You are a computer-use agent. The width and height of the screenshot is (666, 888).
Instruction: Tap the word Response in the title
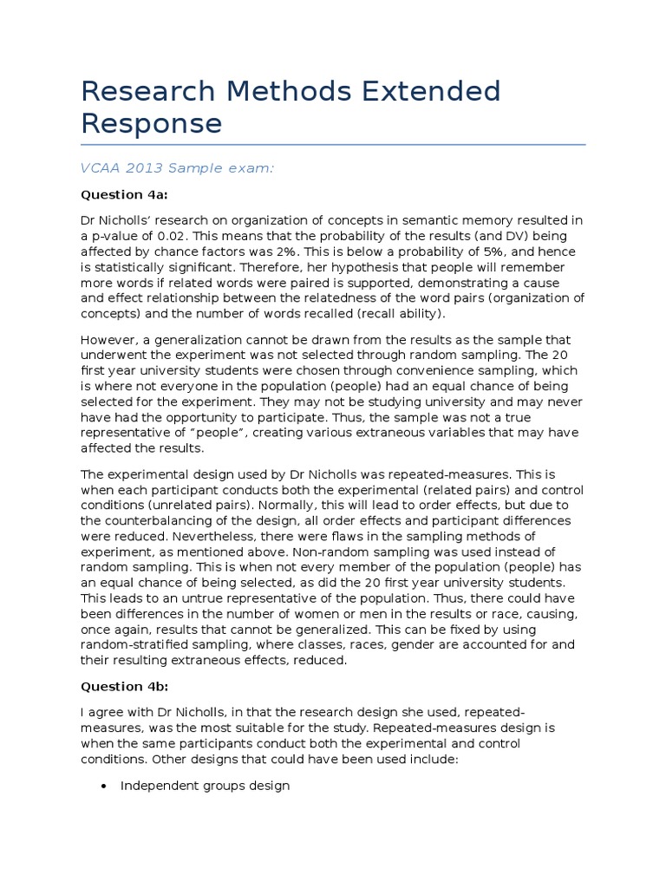152,123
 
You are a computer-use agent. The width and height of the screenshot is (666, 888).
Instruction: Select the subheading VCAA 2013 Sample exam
178,168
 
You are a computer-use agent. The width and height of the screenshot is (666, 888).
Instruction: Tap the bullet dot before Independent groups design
104,787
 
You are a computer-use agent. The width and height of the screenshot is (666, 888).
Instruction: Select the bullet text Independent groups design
205,786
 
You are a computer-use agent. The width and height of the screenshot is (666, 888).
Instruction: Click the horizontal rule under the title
333,145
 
